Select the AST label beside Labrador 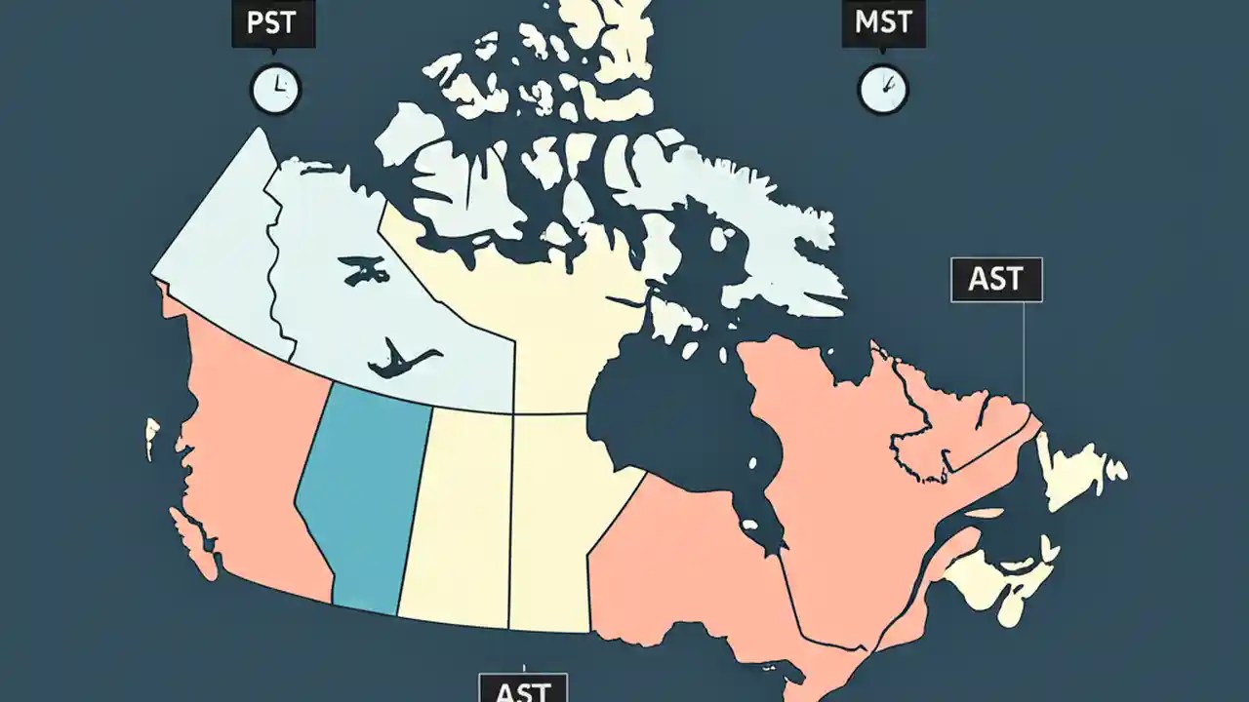coord(996,280)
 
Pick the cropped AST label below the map coord(522,688)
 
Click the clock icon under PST coord(276,90)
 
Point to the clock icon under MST coord(882,90)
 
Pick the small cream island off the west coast coord(151,437)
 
